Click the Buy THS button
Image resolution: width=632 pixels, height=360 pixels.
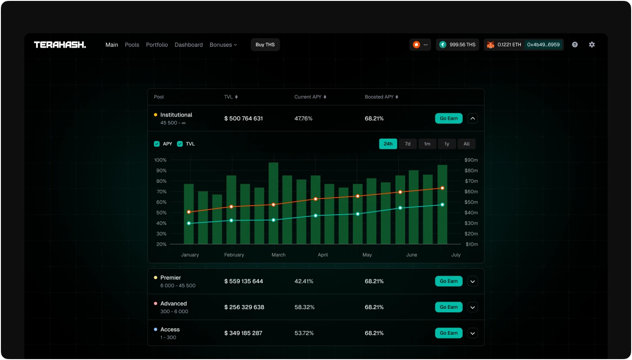pos(265,45)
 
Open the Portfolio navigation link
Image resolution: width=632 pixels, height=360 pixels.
pos(157,45)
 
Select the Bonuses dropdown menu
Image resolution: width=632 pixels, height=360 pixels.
pos(223,45)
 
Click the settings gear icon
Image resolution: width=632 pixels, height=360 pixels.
pos(591,45)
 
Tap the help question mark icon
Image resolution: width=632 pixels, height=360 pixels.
pos(575,45)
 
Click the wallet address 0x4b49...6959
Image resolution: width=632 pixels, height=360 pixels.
pos(543,45)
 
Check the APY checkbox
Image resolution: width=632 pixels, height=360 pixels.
pos(157,144)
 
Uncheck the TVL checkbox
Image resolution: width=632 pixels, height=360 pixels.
pos(180,144)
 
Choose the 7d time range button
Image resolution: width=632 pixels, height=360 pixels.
pos(407,144)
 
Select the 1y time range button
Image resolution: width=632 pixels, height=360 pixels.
pos(447,144)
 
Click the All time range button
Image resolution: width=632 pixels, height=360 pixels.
pos(466,144)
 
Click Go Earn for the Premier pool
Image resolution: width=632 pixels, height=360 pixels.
pos(449,281)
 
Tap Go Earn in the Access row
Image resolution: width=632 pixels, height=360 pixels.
pos(449,333)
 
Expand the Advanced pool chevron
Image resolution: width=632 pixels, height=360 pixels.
pos(473,307)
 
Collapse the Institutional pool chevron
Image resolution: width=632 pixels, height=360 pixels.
pos(473,118)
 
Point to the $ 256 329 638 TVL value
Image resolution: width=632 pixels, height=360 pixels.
pos(244,307)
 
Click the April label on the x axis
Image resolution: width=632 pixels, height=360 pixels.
pos(323,255)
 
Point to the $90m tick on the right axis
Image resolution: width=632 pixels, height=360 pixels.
pos(471,160)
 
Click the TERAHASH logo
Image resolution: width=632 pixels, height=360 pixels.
pos(60,45)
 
